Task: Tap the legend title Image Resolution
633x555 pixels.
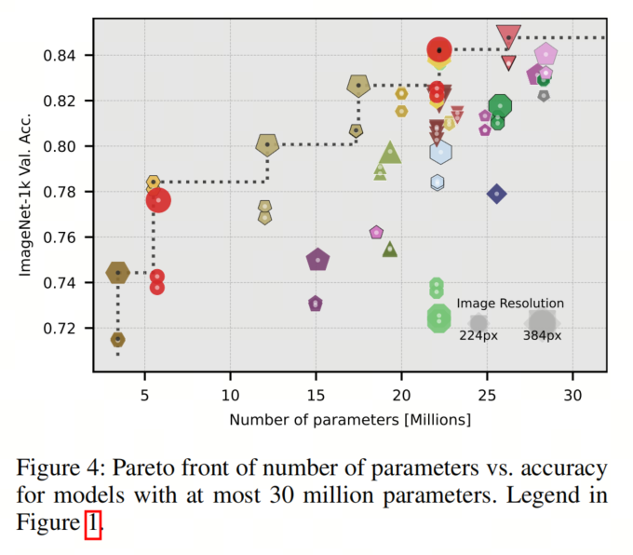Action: (509, 304)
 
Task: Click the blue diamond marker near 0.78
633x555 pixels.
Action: (497, 194)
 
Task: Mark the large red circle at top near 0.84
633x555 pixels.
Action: (439, 50)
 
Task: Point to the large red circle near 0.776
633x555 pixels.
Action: (158, 200)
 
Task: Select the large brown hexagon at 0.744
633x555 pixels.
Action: (117, 273)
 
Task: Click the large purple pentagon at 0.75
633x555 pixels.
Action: (318, 260)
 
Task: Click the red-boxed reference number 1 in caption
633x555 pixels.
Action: (92, 524)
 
